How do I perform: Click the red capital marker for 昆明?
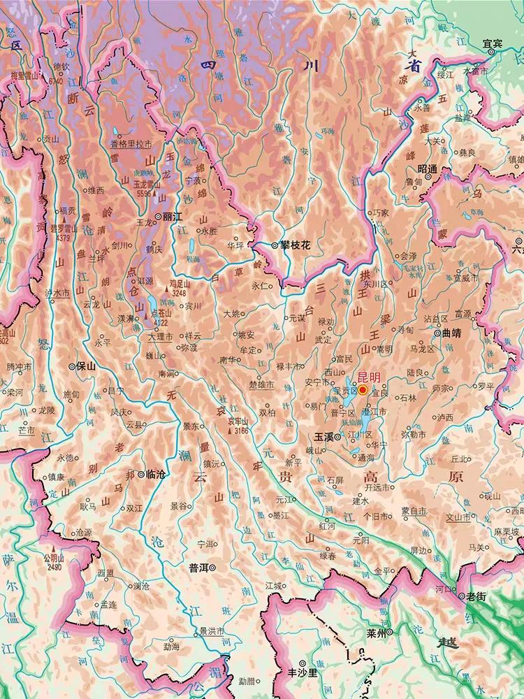363,390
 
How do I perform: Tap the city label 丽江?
172,217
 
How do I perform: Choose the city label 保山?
86,366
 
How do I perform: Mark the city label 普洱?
201,568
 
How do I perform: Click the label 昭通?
427,168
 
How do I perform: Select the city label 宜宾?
493,43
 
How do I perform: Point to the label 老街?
476,596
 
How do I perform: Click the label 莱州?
375,634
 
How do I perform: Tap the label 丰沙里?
318,673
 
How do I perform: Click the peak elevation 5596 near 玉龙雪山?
146,194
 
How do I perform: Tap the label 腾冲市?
19,366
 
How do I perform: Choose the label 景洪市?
212,631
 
